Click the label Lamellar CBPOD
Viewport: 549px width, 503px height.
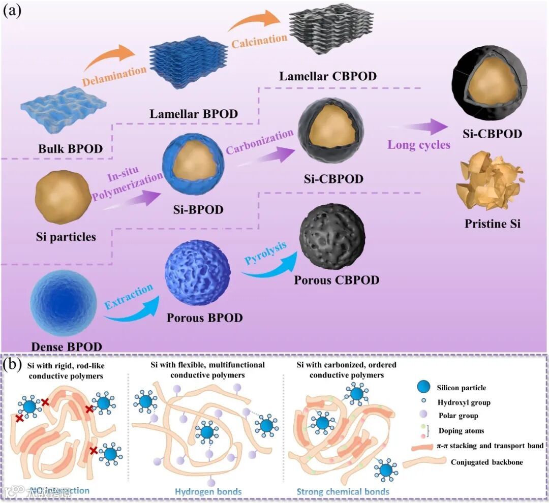[x=328, y=76]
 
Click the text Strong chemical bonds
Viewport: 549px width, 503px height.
[x=343, y=491]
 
